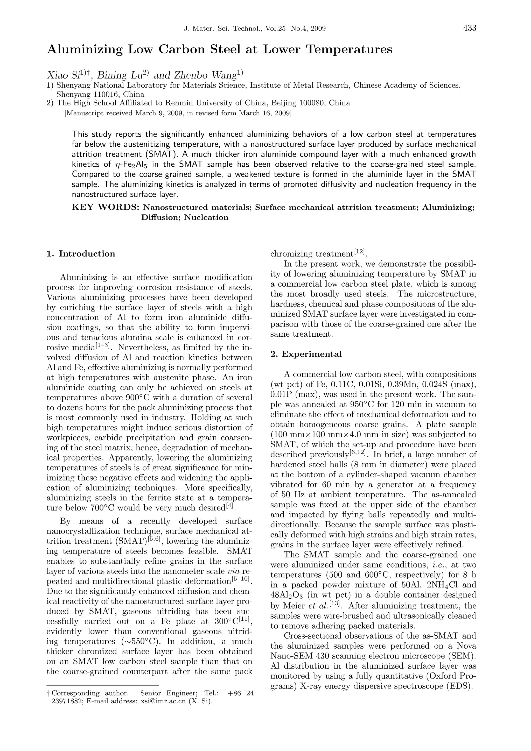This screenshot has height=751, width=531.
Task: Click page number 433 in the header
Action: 470,29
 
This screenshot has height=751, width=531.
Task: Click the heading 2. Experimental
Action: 306,354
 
